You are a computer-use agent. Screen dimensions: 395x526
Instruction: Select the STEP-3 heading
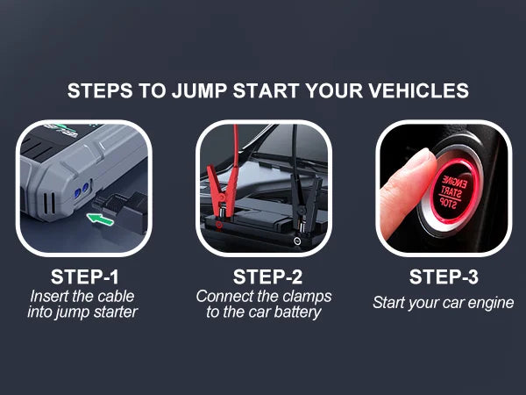click(444, 277)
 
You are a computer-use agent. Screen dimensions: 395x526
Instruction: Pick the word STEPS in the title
click(97, 91)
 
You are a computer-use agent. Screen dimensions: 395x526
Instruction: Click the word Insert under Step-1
click(50, 296)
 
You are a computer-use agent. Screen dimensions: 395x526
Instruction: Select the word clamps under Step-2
click(305, 296)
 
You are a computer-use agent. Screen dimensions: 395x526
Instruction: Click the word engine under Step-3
click(490, 304)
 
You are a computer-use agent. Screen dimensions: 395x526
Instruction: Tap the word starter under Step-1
click(115, 312)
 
